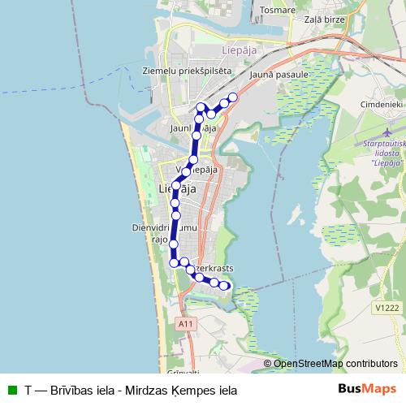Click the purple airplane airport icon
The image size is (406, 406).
pyautogui.click(x=387, y=131)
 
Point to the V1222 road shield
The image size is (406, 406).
pyautogui.click(x=387, y=308)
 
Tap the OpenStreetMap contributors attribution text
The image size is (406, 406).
pyautogui.click(x=335, y=364)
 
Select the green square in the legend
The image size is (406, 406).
pyautogui.click(x=11, y=390)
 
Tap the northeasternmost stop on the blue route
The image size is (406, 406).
pyautogui.click(x=233, y=97)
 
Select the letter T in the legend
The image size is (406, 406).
pyautogui.click(x=28, y=390)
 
